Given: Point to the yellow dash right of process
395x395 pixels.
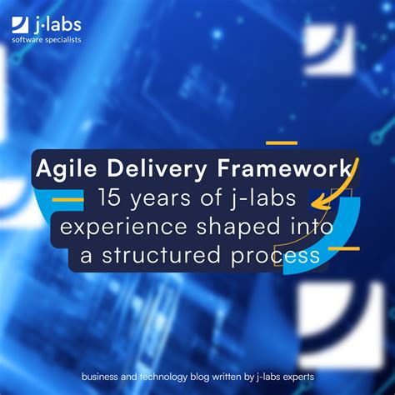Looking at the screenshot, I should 342,248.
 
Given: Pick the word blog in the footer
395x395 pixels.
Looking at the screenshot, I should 202,376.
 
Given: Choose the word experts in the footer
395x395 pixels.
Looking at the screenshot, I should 297,376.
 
